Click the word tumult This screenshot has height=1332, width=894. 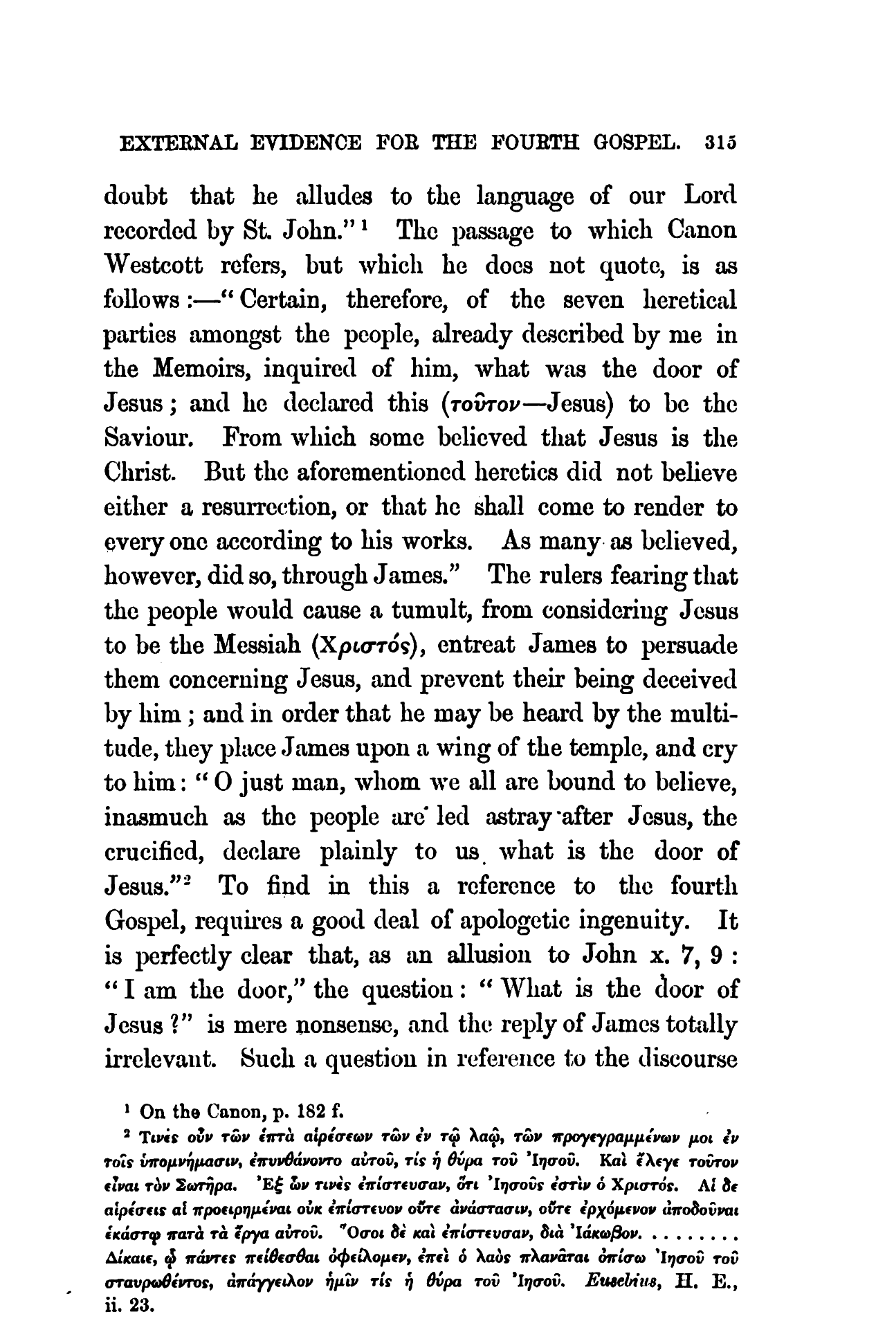click(432, 611)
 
